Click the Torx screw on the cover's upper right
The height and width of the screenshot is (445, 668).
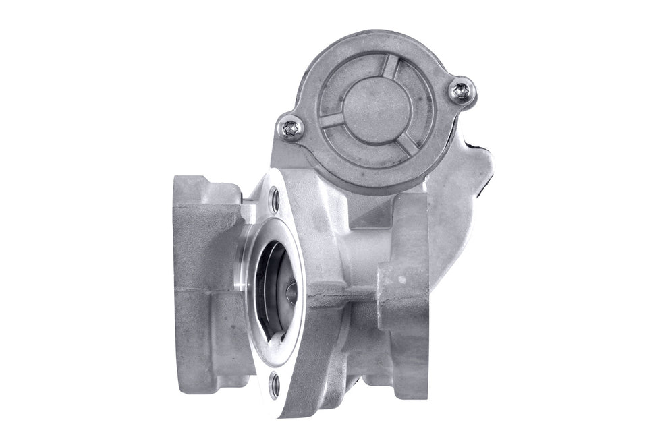(x=462, y=91)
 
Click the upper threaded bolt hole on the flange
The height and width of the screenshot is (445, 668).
(x=274, y=198)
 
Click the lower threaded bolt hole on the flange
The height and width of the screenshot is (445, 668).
(x=274, y=386)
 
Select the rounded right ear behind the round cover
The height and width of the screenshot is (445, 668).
(x=466, y=175)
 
